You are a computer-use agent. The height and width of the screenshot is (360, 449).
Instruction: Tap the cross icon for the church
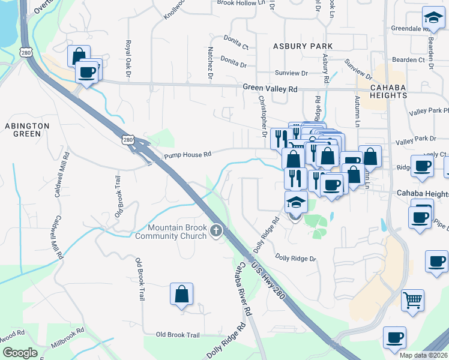click(216, 231)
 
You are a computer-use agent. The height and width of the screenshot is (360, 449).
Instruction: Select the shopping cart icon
click(412, 299)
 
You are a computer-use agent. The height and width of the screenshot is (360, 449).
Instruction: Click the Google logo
click(20, 353)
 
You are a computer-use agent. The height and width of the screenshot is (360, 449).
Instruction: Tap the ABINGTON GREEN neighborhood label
click(27, 129)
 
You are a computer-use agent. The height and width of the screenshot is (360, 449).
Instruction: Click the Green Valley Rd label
click(270, 88)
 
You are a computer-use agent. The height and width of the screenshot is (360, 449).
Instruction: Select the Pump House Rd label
click(188, 155)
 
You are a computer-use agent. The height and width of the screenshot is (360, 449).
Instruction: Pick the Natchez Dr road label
click(211, 63)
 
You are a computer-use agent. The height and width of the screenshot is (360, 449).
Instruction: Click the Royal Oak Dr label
click(128, 59)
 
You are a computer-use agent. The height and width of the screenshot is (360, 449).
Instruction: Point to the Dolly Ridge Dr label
click(295, 258)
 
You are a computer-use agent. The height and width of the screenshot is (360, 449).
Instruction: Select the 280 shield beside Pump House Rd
click(127, 140)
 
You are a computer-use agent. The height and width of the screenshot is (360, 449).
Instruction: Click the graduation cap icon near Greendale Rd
click(432, 17)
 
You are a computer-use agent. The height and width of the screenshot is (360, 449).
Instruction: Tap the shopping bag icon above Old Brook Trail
click(181, 294)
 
